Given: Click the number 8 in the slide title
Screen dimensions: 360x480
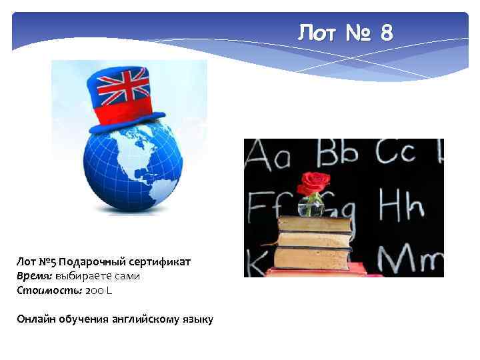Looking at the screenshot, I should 386,32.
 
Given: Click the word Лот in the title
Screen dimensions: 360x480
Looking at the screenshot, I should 317,32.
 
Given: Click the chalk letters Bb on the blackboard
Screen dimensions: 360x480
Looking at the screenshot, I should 337,154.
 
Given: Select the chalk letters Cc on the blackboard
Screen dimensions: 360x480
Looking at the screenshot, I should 396,154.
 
